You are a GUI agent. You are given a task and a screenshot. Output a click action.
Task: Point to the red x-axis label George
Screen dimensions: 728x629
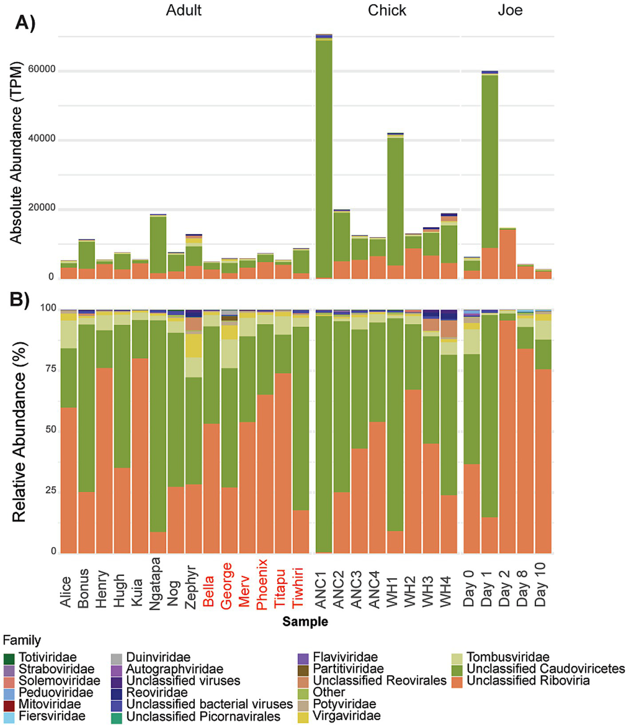pos(226,585)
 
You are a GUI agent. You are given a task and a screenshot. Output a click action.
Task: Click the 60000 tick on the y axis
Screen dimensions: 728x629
pos(42,69)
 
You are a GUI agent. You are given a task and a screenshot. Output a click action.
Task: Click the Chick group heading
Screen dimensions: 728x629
pos(387,10)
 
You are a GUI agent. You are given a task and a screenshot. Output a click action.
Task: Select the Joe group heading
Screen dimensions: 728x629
pos(510,10)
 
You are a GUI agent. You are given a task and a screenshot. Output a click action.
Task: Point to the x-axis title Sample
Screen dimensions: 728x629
pos(305,621)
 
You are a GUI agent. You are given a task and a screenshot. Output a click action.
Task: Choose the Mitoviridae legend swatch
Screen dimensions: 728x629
pos(9,704)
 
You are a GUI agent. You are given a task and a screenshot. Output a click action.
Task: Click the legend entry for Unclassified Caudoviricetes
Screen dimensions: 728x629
pos(545,669)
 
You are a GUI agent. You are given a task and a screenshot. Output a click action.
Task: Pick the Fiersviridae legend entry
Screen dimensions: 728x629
pos(51,716)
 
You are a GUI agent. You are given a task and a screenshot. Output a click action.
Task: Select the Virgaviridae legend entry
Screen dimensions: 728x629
pos(346,716)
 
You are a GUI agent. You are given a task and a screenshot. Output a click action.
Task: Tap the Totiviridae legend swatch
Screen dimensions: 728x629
pos(9,658)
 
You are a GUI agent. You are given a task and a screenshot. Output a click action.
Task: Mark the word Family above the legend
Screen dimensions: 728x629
pos(22,640)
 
